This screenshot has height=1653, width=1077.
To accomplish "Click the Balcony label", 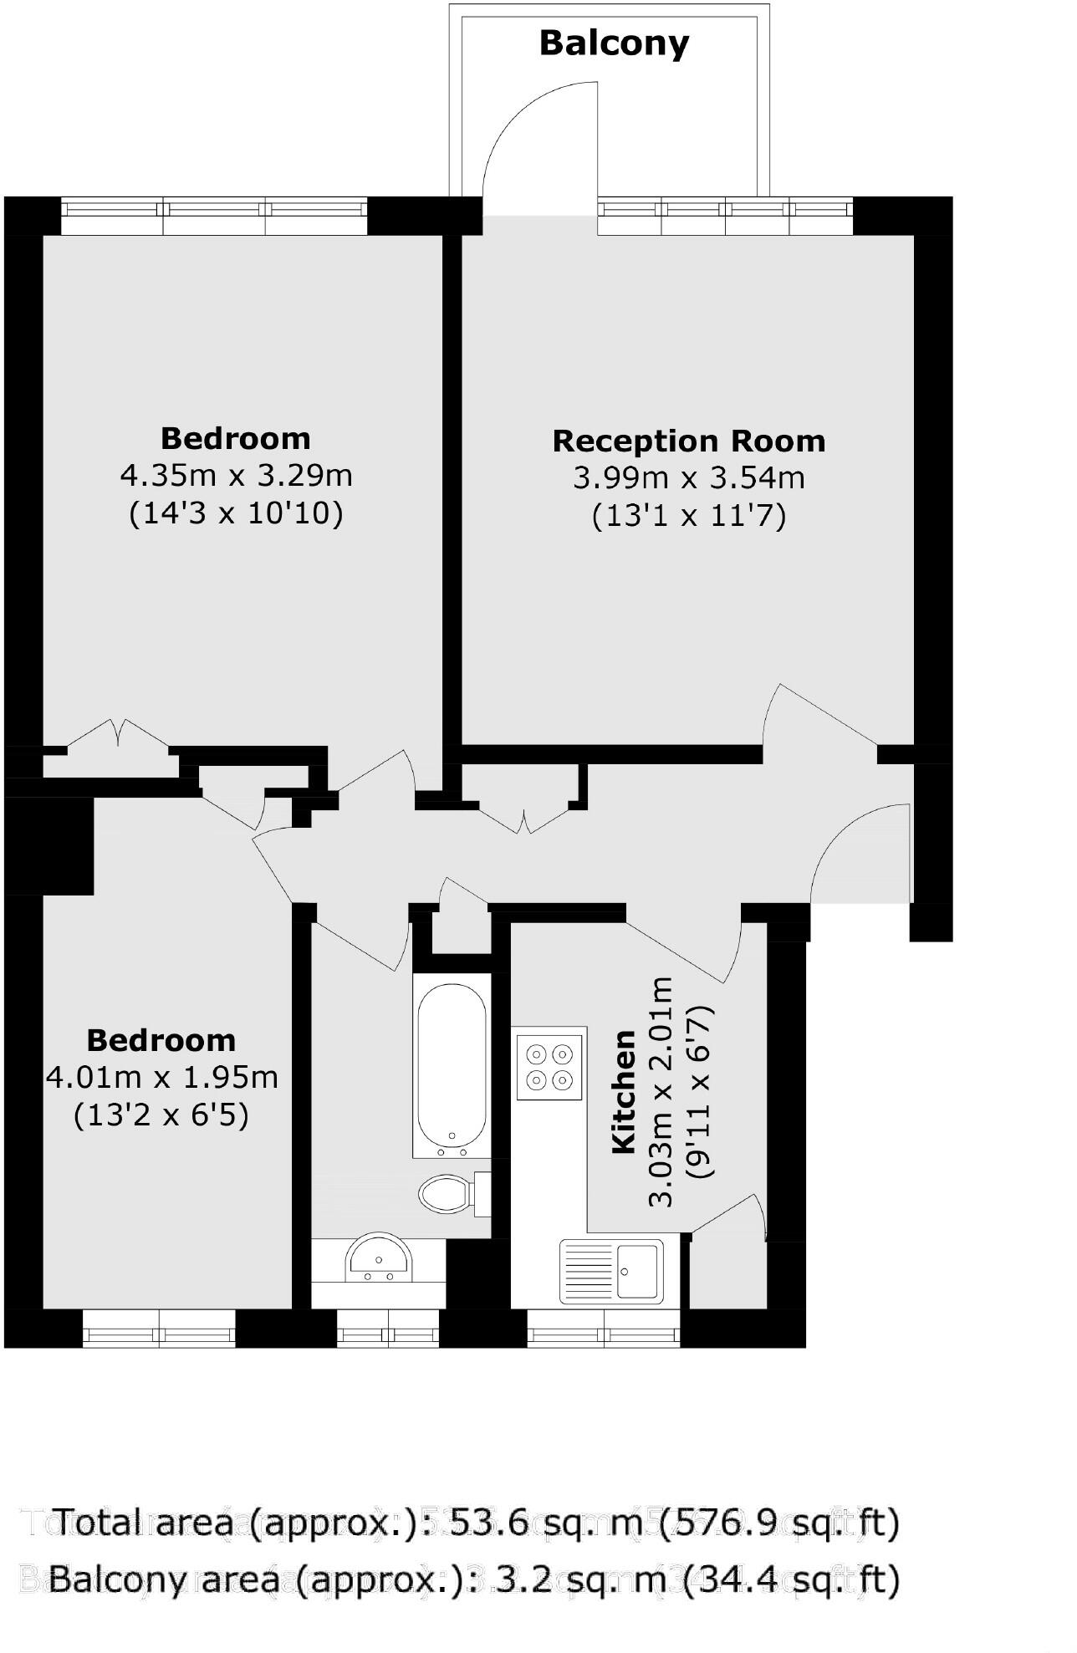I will click(614, 43).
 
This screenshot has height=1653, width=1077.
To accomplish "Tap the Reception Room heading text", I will click(688, 441).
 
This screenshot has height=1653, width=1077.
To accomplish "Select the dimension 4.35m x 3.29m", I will click(236, 475).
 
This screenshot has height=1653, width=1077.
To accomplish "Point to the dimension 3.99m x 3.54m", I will click(688, 477).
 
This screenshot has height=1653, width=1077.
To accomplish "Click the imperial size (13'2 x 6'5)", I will click(161, 1115).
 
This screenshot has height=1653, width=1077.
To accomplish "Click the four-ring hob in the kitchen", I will click(549, 1066).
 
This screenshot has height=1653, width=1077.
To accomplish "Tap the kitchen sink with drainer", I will click(612, 1271).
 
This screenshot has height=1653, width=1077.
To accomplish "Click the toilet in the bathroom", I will click(452, 1193).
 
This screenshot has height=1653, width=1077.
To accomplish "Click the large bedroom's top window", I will click(214, 216).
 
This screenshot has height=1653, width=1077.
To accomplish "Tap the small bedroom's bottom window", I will click(159, 1328).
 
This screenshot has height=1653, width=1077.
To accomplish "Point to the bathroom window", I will click(388, 1328).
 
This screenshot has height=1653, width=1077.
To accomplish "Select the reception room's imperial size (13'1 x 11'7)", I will click(688, 515).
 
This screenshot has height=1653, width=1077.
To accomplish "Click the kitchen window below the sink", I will click(604, 1328).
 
